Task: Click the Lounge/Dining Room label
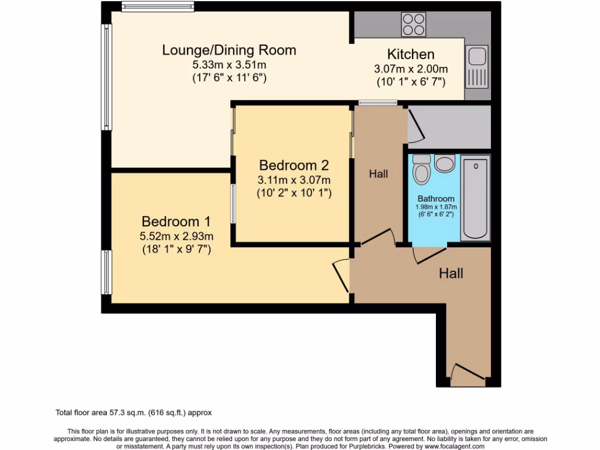(229, 50)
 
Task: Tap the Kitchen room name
(411, 54)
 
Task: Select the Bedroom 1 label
(176, 222)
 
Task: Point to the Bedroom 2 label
(294, 165)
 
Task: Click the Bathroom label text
(435, 199)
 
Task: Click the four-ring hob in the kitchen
(413, 24)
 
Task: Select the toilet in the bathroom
(421, 169)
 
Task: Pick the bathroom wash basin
(445, 163)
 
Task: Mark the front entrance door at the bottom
(468, 373)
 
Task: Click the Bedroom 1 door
(341, 275)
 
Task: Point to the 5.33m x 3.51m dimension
(229, 64)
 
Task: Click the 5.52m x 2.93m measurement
(176, 237)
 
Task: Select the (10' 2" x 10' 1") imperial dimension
(294, 192)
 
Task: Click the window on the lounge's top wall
(158, 7)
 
